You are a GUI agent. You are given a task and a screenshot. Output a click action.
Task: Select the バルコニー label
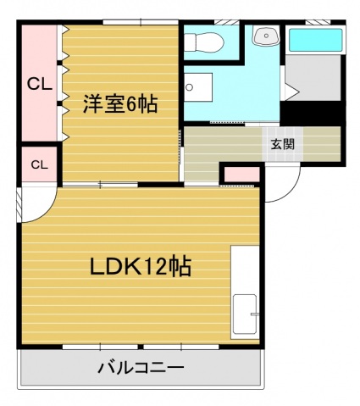click(x=141, y=369)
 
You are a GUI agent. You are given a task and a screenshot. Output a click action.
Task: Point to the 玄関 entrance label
click(x=283, y=143)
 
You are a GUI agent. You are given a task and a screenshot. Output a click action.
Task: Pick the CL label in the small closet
click(x=39, y=164)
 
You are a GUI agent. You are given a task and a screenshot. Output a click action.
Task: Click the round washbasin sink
click(x=268, y=36)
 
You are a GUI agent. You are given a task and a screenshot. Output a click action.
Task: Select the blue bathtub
click(x=313, y=39)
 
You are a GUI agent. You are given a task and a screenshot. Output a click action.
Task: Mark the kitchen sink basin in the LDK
click(x=246, y=317)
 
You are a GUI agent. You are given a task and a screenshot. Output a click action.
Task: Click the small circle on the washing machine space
click(x=191, y=87)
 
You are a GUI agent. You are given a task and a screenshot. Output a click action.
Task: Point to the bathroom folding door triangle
click(x=290, y=90)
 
